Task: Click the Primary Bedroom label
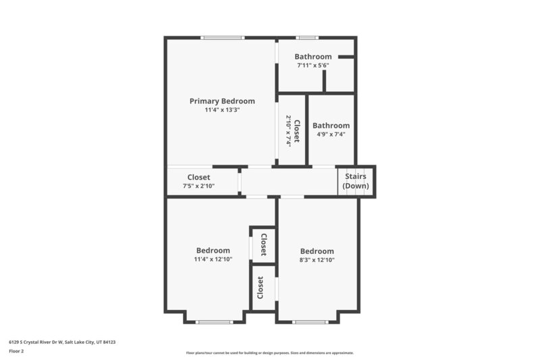click(222, 101)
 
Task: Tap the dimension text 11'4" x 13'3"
click(222, 110)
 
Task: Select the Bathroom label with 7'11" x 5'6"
click(313, 57)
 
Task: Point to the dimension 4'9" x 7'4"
click(331, 134)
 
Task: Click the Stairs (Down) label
click(356, 181)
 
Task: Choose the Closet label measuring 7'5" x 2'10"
click(198, 178)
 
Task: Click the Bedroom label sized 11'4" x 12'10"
click(213, 251)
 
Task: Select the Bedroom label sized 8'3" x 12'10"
click(317, 251)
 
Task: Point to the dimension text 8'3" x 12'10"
click(317, 259)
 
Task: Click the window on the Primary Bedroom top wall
click(223, 38)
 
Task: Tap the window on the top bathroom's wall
click(307, 38)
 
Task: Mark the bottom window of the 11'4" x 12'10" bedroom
click(214, 322)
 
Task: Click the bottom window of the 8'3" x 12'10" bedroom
click(310, 322)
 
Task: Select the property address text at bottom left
click(62, 342)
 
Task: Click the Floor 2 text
click(16, 351)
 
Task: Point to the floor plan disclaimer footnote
click(269, 353)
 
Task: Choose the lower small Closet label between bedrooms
click(261, 288)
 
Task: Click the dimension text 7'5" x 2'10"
click(198, 186)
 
